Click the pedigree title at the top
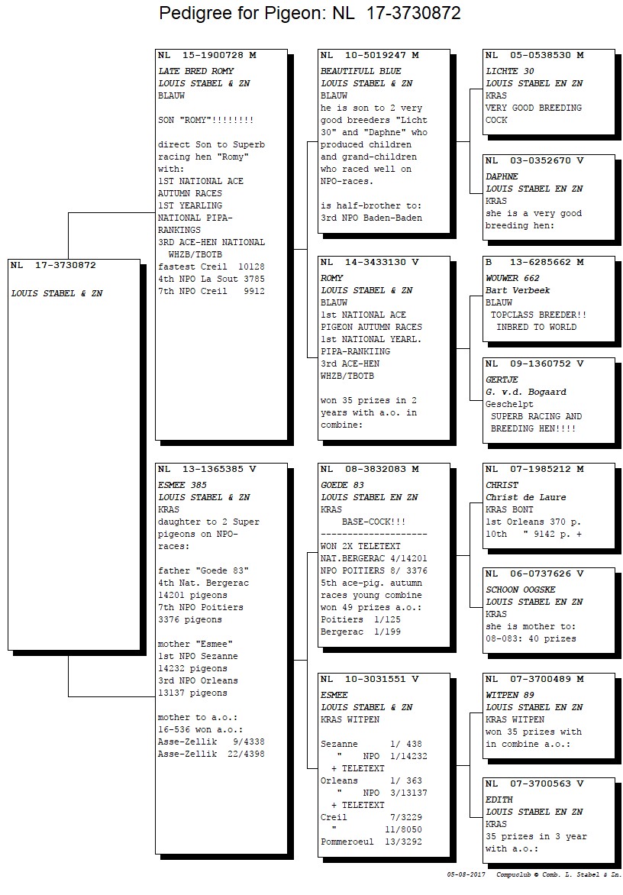310,13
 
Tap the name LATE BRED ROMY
196,71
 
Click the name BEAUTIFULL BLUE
361,71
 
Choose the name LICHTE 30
510,71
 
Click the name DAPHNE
502,176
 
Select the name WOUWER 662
513,278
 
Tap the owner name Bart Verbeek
518,290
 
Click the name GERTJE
502,380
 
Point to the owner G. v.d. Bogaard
526,392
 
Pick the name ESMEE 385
182,485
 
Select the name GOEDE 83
342,485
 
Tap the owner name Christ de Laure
526,497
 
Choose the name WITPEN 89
510,695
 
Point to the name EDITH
499,800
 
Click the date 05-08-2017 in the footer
466,874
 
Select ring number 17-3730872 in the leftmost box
66,266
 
